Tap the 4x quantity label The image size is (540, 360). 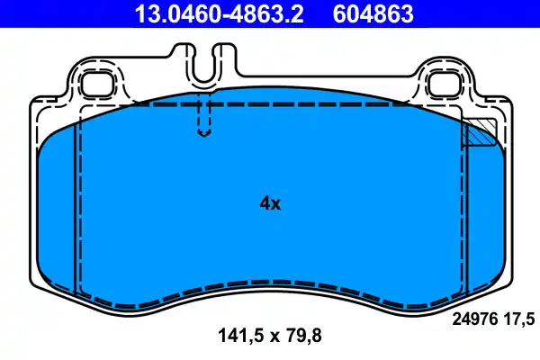point(270,203)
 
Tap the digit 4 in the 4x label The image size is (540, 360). point(265,203)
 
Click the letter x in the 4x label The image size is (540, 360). point(276,205)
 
